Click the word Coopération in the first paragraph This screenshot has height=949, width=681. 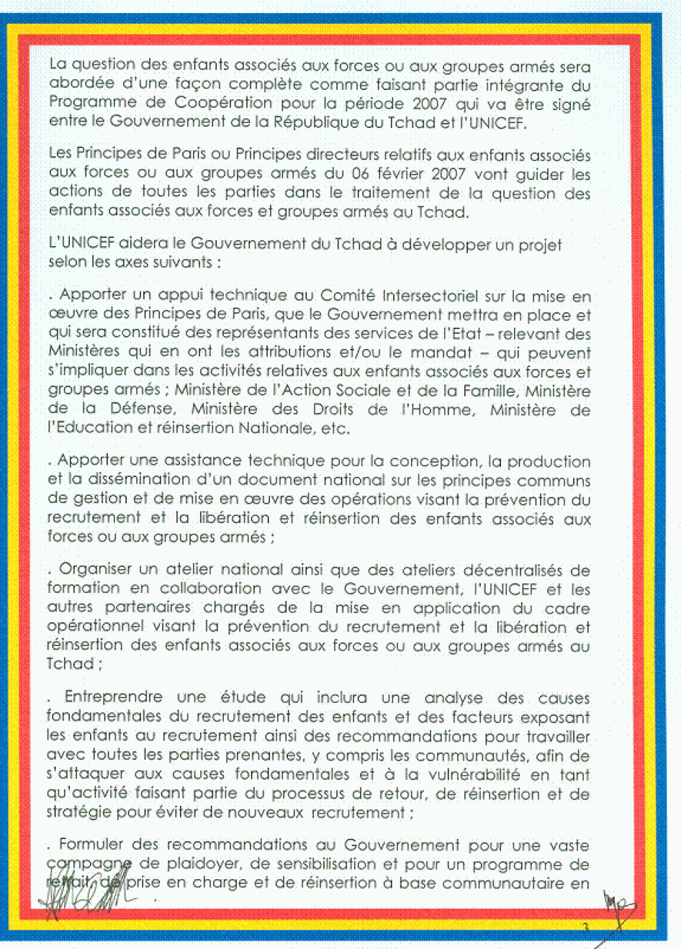(x=222, y=103)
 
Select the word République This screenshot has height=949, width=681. (x=316, y=122)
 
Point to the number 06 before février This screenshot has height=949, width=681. (x=360, y=174)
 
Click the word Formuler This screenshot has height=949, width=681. (x=89, y=845)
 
